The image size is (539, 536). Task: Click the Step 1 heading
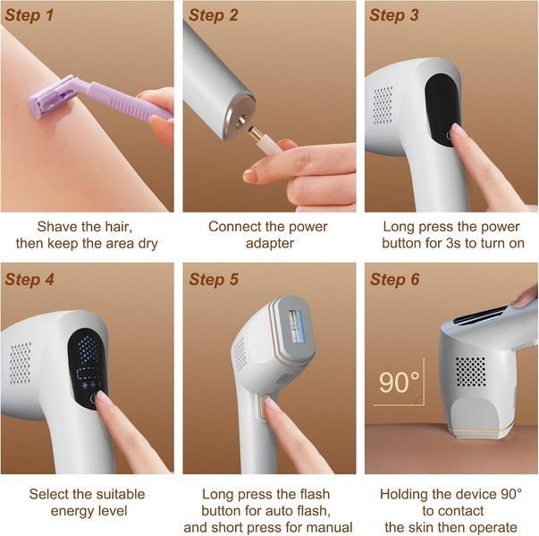29,15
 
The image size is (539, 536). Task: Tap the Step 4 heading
29,279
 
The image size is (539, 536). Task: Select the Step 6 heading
394,279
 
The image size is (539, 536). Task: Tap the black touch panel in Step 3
442,110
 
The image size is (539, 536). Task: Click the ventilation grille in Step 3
383,105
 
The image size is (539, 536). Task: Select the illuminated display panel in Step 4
88,369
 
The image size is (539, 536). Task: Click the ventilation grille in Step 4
20,363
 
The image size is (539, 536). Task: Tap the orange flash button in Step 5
265,406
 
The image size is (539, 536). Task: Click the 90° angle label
399,382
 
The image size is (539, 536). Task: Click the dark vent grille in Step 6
471,372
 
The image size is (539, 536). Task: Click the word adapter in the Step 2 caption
270,243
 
